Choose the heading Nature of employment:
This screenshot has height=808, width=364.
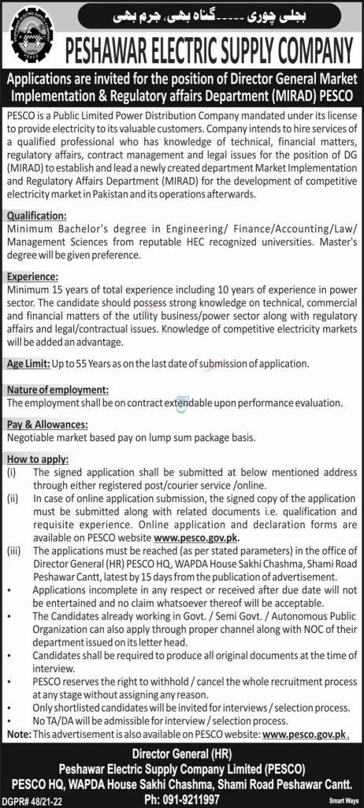[x=57, y=390]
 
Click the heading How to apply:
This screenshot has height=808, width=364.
[x=37, y=459]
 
